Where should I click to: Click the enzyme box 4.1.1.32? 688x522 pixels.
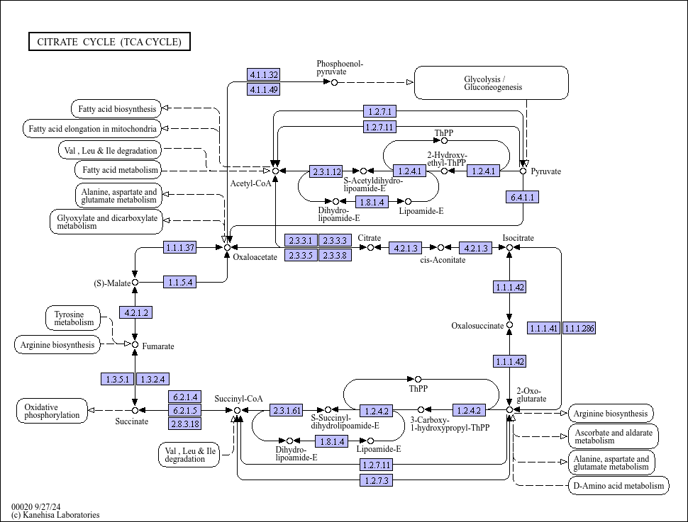263,74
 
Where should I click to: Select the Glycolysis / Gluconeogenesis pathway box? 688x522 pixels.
491,83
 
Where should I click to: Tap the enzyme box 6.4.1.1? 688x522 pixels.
522,197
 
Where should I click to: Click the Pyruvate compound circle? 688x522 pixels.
523,171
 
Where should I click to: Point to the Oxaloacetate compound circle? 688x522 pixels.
227,248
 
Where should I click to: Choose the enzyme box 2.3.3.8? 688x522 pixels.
335,255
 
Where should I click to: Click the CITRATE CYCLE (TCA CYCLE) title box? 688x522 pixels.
109,42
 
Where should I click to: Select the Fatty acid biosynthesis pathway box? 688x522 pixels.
116,108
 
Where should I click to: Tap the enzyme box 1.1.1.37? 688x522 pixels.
180,248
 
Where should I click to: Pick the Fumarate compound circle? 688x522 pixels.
135,345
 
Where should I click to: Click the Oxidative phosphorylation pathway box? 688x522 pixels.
52,411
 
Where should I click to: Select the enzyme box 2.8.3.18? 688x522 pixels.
184,424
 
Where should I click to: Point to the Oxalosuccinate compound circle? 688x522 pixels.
509,325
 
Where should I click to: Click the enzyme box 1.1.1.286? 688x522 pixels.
579,328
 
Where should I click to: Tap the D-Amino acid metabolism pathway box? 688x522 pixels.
618,486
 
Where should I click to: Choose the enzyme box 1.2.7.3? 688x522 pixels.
377,480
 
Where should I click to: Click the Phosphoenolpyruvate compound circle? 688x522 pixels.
334,82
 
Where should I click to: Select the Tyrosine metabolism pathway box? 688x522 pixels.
73,318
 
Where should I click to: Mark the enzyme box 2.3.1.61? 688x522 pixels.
286,411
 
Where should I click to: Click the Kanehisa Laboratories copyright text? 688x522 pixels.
56,515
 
